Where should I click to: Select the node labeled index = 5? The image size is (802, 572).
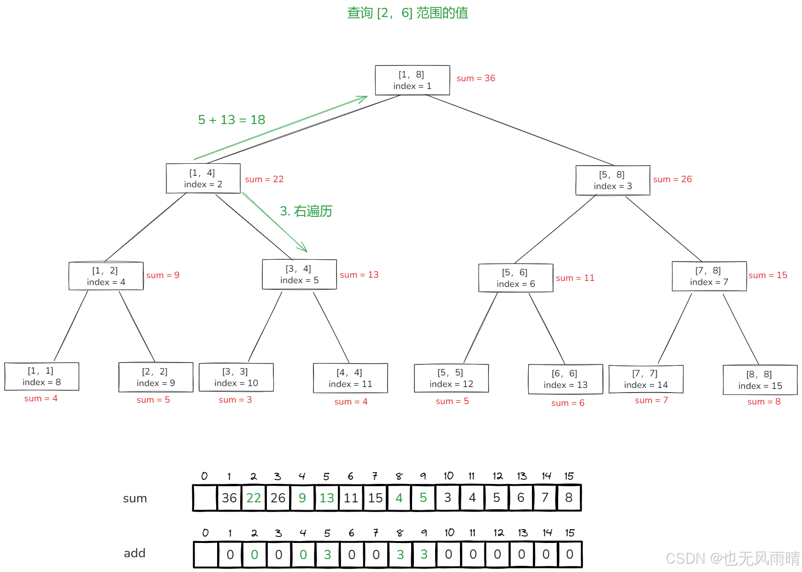299,274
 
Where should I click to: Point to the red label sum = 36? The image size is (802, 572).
476,78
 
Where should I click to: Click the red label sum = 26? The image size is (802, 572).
672,179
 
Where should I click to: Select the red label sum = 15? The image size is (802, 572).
767,275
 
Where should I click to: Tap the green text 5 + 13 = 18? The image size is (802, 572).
231,120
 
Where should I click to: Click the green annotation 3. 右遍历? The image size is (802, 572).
306,211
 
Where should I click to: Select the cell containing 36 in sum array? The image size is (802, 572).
229,498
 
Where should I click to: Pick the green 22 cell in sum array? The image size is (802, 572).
254,498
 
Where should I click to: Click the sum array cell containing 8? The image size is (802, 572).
569,498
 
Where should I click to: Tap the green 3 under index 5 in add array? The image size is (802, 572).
327,554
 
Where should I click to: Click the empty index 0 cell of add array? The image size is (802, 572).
206,554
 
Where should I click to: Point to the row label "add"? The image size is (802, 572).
135,553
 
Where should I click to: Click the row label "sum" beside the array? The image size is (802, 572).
135,498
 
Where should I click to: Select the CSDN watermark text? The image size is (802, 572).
732,559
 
